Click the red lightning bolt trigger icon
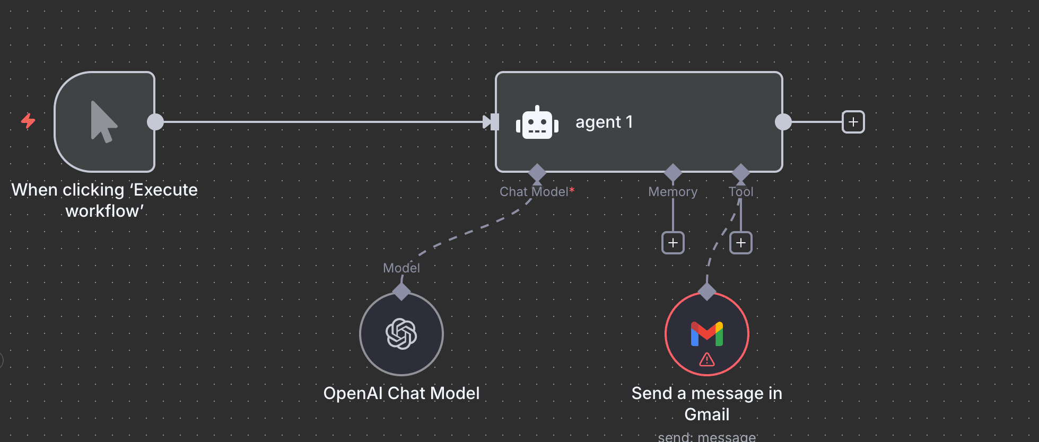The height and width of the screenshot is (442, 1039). coord(28,121)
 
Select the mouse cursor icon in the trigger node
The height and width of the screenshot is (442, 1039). coord(103,122)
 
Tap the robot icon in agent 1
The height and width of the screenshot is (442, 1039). coord(537,123)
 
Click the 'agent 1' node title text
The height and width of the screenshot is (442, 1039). coord(604,122)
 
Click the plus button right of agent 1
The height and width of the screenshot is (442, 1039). coord(853,122)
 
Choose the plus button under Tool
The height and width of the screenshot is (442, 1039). coord(741,243)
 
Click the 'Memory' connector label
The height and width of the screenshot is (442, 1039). coord(673,192)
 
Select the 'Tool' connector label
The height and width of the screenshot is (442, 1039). coord(741,192)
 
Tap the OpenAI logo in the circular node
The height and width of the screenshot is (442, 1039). coord(401,334)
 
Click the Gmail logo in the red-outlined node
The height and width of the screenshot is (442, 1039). coord(707,334)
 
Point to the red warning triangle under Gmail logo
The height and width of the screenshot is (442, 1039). coord(707,360)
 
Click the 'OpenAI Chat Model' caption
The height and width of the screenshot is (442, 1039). coord(401,393)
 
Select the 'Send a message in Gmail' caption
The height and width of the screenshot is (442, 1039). coord(707,403)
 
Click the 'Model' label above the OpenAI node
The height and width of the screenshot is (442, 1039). coord(401,268)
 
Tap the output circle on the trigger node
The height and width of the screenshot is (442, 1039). coord(155,122)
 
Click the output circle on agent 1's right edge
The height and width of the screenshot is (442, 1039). coord(783,122)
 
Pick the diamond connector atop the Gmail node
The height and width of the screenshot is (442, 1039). coord(707,291)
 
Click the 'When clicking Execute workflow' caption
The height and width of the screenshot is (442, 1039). coord(104,200)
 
